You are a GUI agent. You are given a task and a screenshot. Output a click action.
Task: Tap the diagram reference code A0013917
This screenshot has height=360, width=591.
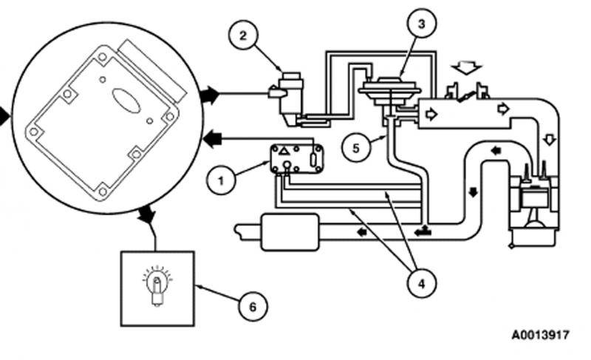(540, 335)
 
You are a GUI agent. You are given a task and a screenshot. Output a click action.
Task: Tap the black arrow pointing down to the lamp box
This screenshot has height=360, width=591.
(146, 215)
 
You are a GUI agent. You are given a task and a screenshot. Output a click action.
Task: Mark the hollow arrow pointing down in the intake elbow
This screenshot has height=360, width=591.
(547, 140)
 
